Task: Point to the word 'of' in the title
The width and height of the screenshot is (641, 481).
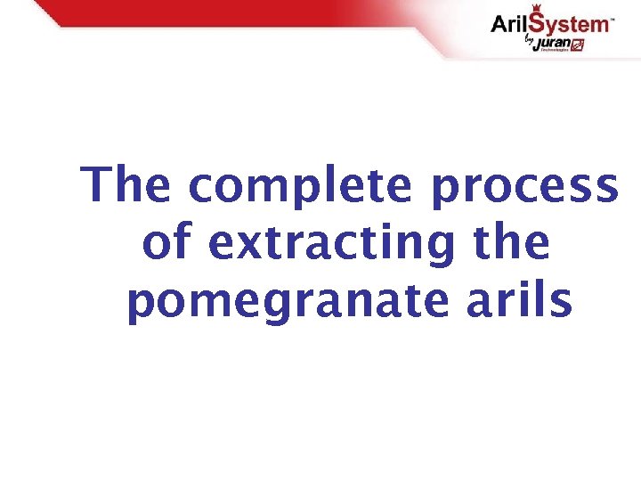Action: click(x=166, y=243)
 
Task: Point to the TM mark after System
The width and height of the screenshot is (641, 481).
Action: click(x=611, y=18)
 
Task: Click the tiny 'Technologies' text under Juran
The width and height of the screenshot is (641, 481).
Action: click(x=555, y=52)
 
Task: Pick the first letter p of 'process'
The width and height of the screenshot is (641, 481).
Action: click(x=444, y=190)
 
